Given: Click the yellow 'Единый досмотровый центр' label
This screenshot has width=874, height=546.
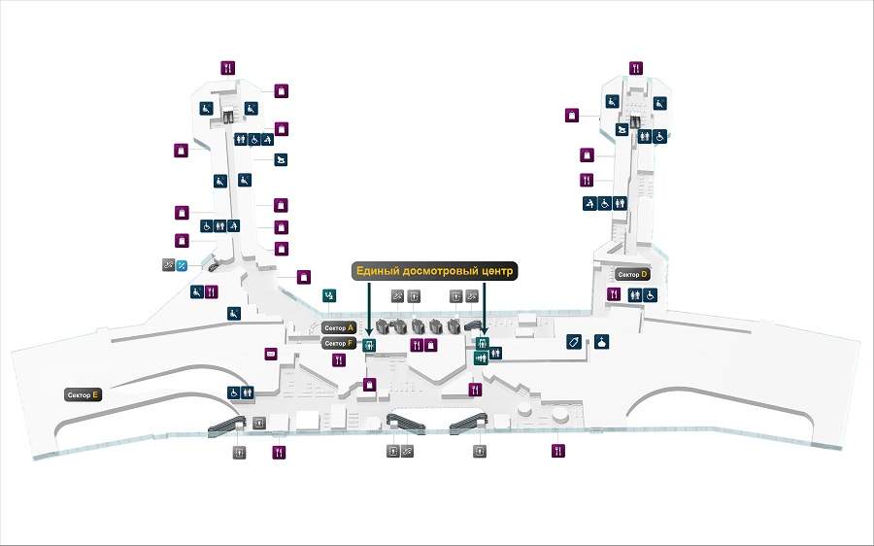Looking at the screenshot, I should click(x=434, y=271).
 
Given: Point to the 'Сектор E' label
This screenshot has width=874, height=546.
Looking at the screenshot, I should click(x=83, y=395).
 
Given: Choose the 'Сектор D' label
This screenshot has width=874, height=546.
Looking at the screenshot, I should click(x=632, y=275).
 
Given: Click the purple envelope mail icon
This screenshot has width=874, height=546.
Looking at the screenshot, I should click(x=271, y=354).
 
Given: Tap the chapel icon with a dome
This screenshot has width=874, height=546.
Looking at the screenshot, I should click(x=602, y=342).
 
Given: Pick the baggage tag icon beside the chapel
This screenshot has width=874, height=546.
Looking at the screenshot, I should click(x=574, y=342).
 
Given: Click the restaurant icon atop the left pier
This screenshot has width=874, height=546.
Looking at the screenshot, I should click(x=227, y=68).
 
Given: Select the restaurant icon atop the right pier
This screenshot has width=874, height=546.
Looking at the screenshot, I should click(x=635, y=68).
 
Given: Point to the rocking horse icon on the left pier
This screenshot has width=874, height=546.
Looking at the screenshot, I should click(x=280, y=159).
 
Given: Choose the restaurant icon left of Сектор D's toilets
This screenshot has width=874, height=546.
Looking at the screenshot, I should click(x=614, y=293).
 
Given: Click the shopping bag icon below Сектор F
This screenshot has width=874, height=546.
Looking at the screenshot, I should click(x=369, y=385).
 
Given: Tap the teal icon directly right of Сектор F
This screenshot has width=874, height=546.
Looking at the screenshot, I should click(x=369, y=344).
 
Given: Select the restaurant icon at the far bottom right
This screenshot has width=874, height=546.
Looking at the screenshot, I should click(x=558, y=451).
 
